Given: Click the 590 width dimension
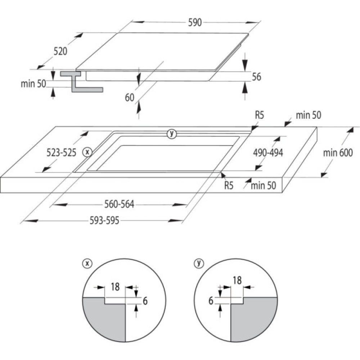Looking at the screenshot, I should pyautogui.click(x=194, y=22).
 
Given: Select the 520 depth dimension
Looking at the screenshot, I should pyautogui.click(x=60, y=51).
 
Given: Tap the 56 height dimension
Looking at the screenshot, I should pyautogui.click(x=256, y=76).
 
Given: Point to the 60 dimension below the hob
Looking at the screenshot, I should pyautogui.click(x=130, y=97).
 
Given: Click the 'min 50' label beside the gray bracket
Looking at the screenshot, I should pyautogui.click(x=33, y=84).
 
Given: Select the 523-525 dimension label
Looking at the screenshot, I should pyautogui.click(x=61, y=153).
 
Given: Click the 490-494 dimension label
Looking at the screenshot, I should pyautogui.click(x=268, y=153).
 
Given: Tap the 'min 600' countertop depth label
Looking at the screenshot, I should pyautogui.click(x=338, y=153).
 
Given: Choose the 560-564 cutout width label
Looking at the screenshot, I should pyautogui.click(x=119, y=204).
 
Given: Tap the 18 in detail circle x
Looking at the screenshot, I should pyautogui.click(x=115, y=287).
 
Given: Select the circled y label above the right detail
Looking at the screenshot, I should pyautogui.click(x=198, y=264).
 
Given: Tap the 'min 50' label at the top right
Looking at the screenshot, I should pyautogui.click(x=308, y=116).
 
